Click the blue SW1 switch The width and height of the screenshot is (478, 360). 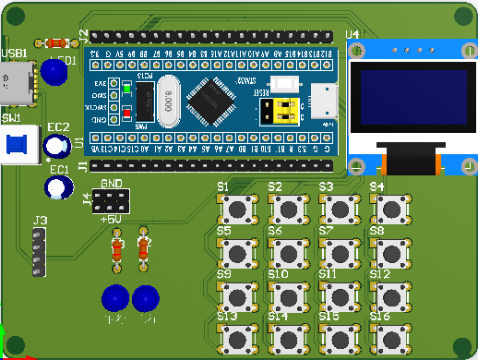[x=17, y=145]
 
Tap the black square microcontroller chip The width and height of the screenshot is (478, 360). [x=217, y=99]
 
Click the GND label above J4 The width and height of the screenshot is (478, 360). [x=111, y=183]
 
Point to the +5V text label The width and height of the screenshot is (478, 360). [x=110, y=219]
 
